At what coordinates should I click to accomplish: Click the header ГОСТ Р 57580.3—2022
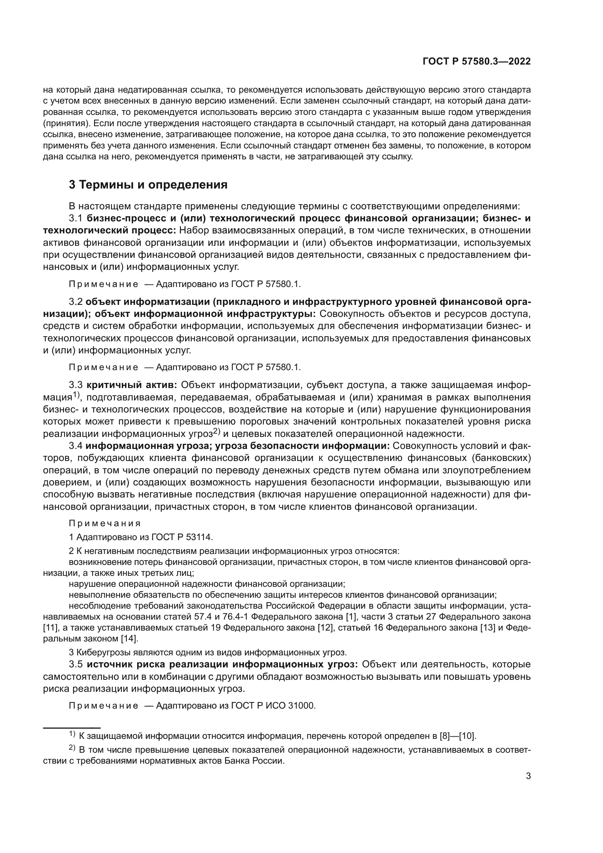pos(476,62)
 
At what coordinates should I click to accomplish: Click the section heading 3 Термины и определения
pos(148,185)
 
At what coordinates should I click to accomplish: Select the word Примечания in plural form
pos(105,523)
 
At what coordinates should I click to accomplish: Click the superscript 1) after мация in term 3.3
pos(76,395)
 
